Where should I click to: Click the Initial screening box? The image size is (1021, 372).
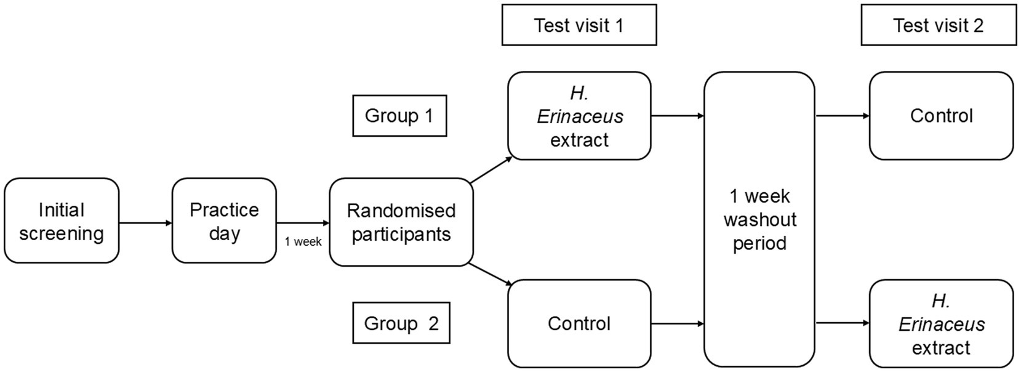(62, 220)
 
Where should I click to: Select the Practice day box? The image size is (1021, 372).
(224, 220)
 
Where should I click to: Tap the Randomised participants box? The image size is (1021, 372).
(401, 222)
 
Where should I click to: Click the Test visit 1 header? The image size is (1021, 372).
(579, 25)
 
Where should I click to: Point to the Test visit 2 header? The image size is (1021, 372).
(939, 25)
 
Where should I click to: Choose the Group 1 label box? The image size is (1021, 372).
(399, 116)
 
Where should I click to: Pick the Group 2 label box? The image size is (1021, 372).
(401, 323)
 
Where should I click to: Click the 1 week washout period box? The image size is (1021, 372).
(759, 219)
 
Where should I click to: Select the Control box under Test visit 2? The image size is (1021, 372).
(941, 116)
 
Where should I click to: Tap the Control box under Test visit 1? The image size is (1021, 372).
(579, 324)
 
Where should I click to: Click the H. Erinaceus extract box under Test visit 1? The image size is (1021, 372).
(579, 116)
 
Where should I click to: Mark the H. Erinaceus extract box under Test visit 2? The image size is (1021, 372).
(941, 324)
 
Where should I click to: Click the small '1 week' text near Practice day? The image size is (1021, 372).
(303, 241)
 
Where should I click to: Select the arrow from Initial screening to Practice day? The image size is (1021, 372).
(146, 223)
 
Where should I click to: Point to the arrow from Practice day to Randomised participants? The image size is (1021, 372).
(303, 223)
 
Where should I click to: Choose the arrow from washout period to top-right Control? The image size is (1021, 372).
(843, 116)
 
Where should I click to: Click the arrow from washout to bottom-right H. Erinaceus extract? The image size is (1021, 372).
(843, 323)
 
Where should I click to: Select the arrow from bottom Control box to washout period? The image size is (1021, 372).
(678, 324)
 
